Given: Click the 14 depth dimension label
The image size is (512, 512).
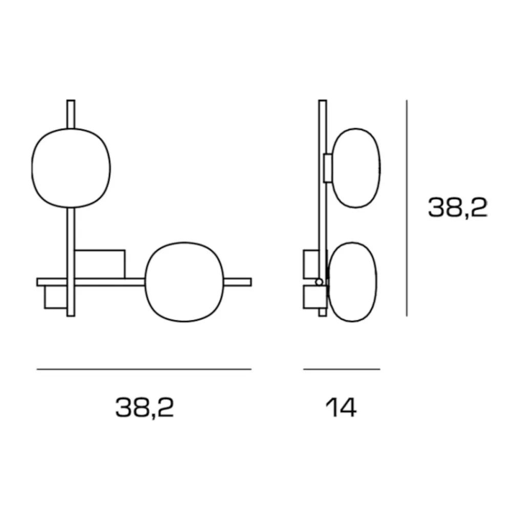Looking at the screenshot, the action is point(341,408).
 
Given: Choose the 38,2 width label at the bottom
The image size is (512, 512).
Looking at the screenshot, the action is point(144,408).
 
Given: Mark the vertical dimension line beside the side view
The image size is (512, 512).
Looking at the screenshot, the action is point(407,208).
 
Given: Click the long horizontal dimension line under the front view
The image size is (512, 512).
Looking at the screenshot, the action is point(144,369).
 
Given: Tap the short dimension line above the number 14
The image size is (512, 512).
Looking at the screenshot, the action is point(342,369).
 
